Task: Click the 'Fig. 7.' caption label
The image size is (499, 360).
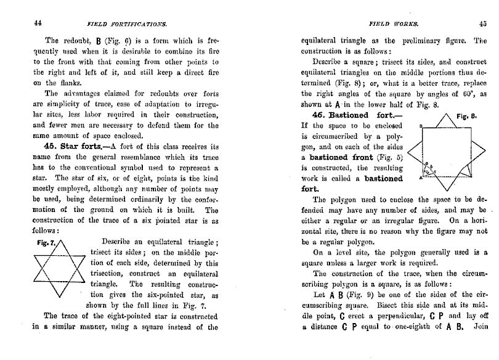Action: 46,242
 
